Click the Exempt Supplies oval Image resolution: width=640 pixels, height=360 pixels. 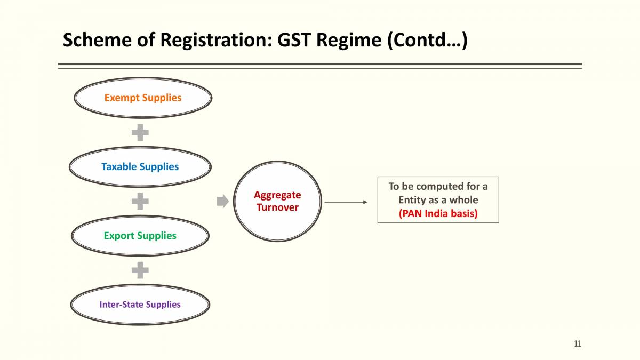pyautogui.click(x=142, y=98)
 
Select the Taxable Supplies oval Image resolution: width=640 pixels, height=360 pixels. pyautogui.click(x=140, y=167)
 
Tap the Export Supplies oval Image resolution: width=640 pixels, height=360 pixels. pyautogui.click(x=140, y=236)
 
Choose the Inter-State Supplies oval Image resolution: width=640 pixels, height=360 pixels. pyautogui.click(x=140, y=305)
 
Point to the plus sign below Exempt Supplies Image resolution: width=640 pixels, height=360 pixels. pyautogui.click(x=140, y=132)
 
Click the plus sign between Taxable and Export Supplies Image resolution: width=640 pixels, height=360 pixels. pyautogui.click(x=140, y=201)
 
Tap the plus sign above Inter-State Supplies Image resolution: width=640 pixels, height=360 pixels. pyautogui.click(x=140, y=270)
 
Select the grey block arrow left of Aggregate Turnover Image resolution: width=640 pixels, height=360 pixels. pyautogui.click(x=222, y=201)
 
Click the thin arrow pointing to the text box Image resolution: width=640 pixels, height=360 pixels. pyautogui.click(x=346, y=202)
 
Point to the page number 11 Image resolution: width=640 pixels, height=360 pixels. pyautogui.click(x=578, y=343)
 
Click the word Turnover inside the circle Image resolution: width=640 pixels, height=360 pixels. pyautogui.click(x=277, y=207)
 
